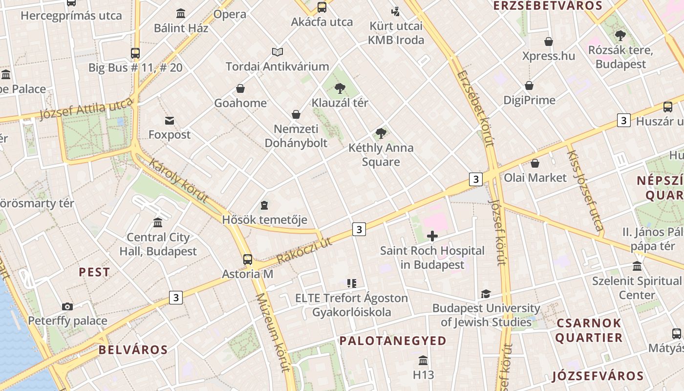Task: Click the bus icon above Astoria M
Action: pos(248,259)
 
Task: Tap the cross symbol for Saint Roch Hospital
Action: pos(432,237)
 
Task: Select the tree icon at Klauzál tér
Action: pos(340,88)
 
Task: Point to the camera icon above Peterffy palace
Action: pos(67,306)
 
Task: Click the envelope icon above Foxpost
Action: pos(170,120)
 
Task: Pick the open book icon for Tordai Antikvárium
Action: pos(278,52)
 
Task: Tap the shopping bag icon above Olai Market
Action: pos(535,163)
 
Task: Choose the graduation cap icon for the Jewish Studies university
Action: pos(486,294)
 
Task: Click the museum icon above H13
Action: pos(423,361)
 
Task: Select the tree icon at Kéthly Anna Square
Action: pos(381,133)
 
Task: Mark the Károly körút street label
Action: pos(178,180)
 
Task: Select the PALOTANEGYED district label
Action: pos(393,341)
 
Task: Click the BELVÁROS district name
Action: pos(133,349)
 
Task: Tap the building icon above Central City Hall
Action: pos(158,223)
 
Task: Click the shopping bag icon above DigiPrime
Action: pos(529,86)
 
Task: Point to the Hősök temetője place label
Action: pos(264,220)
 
